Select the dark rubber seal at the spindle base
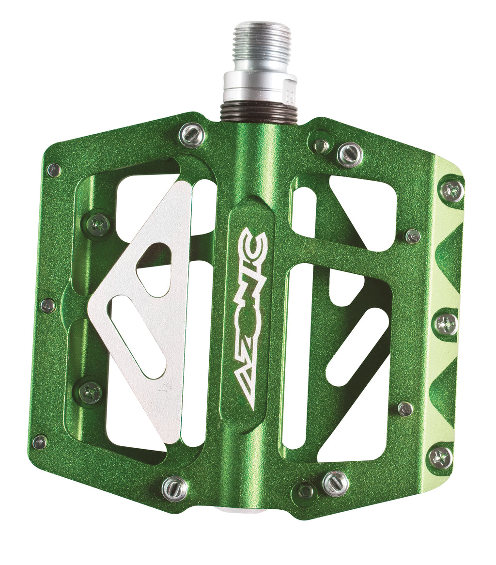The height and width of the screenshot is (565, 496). coord(259,112)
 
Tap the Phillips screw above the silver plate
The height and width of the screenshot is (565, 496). coord(98,224)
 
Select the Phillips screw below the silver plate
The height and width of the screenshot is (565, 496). coord(91,392)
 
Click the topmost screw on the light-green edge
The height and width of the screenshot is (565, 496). coord(451,190)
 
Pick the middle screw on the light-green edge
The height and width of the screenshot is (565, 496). coord(446,323)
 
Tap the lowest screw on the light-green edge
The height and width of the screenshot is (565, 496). coord(440,457)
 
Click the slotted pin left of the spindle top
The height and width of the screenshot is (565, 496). coord(192,135)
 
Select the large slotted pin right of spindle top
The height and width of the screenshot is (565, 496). coord(350,155)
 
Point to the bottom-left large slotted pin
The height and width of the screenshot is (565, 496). coord(175,488)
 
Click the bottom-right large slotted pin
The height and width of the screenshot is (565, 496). coord(336,483)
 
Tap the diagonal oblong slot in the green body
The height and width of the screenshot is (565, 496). coord(357,346)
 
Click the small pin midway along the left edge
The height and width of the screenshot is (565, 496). coord(48,305)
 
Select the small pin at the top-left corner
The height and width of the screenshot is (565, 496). coord(54,170)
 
